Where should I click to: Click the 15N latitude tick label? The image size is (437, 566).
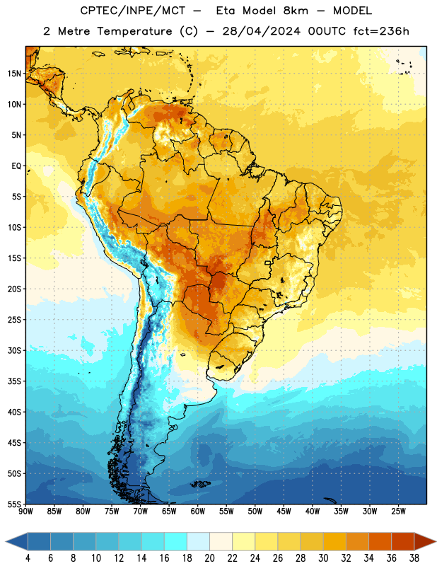tap(14, 74)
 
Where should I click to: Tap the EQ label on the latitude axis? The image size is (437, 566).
tap(16, 166)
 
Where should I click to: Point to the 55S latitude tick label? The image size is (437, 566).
tap(14, 504)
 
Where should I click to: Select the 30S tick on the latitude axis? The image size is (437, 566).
tap(14, 350)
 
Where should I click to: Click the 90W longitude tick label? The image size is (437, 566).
tap(25, 511)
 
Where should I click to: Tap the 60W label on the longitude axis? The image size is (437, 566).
tap(198, 511)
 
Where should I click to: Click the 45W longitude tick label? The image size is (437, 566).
tap(284, 511)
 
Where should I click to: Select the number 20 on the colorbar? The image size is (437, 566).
tap(209, 558)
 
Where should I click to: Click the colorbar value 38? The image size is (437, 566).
tap(414, 558)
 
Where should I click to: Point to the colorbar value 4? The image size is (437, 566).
tap(28, 558)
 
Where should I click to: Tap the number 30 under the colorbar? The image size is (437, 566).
tap(323, 558)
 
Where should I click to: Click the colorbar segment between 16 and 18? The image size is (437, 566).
tap(175, 542)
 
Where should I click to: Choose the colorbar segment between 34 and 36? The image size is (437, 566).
tap(380, 542)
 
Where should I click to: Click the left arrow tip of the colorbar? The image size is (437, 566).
tap(6, 542)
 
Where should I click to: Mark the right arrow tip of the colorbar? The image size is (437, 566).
tap(436, 542)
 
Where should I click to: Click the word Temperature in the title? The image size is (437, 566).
tap(134, 31)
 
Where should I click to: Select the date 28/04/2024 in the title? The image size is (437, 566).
tap(261, 31)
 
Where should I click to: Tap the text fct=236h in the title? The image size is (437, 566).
tap(381, 31)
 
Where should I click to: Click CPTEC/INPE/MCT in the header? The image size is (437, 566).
tap(133, 11)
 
